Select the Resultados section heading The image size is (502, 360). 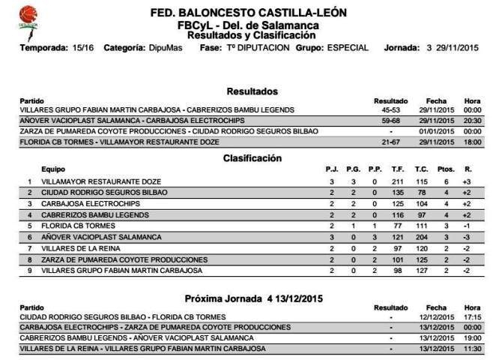(252, 91)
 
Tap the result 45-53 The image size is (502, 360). (390, 109)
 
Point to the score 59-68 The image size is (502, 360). (390, 120)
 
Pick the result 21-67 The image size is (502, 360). (390, 141)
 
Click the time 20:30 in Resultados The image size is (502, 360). (472, 120)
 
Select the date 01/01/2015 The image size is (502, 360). (436, 130)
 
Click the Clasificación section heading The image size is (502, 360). (252, 157)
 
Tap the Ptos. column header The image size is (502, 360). (446, 169)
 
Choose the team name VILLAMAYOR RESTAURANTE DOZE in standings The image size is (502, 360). (101, 181)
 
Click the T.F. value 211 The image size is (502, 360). (397, 181)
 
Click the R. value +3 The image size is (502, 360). (467, 181)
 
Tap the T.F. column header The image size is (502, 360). (397, 169)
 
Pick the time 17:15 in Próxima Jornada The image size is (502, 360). (472, 317)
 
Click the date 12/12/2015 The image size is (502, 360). (436, 317)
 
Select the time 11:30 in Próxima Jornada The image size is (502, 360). (472, 349)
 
